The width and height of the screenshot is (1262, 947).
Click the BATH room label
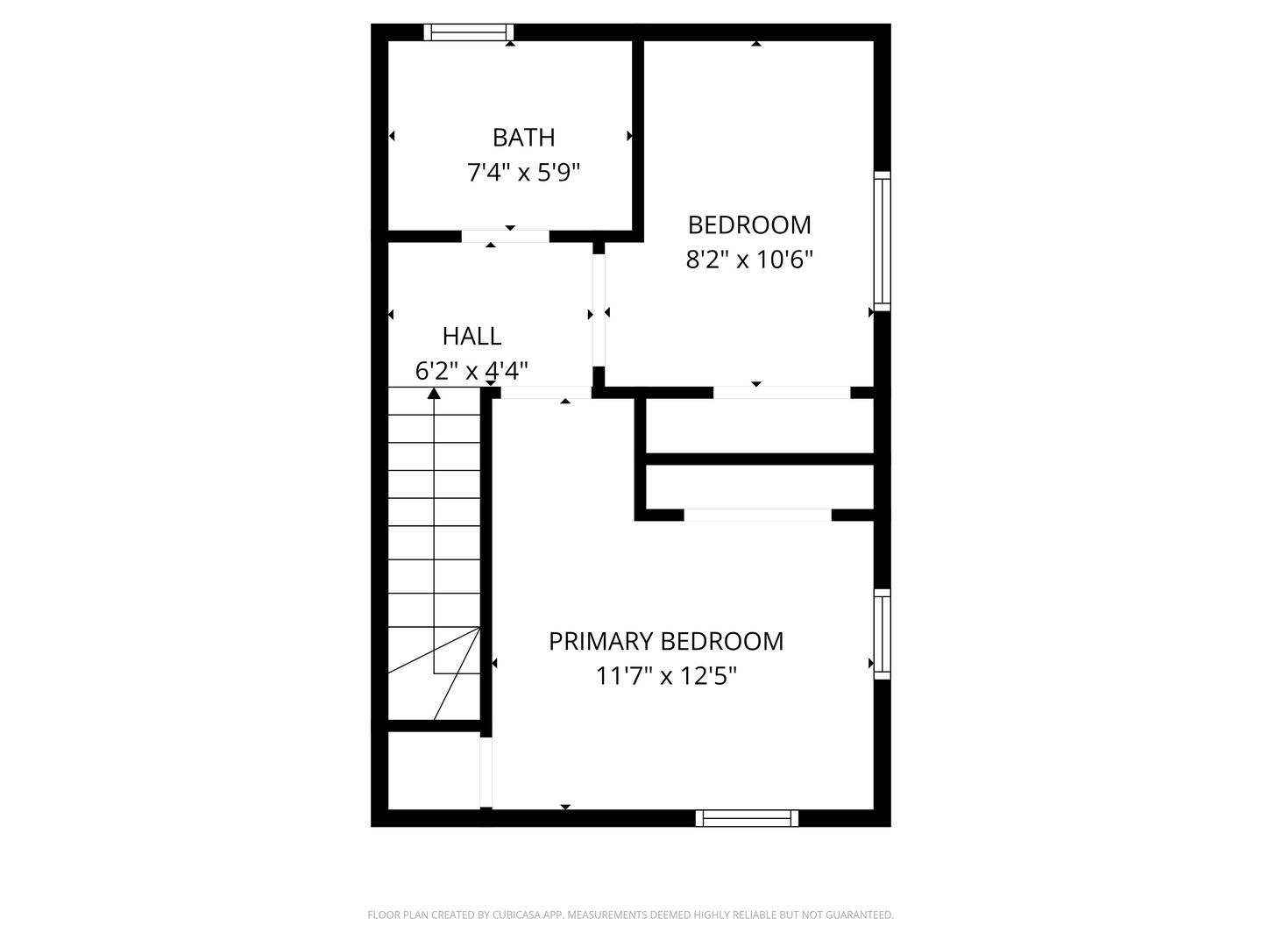click(523, 138)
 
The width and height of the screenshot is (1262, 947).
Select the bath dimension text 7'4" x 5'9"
click(523, 173)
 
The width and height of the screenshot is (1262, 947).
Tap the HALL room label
click(471, 337)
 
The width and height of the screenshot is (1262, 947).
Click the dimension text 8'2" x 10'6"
click(749, 260)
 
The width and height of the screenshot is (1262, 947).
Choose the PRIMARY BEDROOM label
click(666, 642)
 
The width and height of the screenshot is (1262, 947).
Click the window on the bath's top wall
click(469, 32)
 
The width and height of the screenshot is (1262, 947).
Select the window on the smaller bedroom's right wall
click(882, 241)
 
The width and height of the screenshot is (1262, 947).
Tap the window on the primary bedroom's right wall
click(882, 633)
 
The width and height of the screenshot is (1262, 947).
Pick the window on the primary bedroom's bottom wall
click(748, 818)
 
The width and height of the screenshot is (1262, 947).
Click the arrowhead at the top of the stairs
click(434, 394)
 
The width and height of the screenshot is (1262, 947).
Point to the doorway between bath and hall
click(505, 236)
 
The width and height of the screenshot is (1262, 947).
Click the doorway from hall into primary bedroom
click(546, 393)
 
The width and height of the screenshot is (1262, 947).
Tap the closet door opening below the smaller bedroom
click(782, 393)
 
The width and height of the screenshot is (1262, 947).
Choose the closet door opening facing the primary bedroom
click(757, 515)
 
